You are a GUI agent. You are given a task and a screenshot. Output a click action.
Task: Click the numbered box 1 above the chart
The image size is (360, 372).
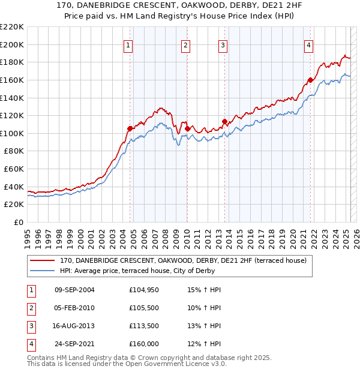[x=129, y=46]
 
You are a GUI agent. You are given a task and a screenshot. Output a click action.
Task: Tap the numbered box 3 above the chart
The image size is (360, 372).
[x=223, y=46]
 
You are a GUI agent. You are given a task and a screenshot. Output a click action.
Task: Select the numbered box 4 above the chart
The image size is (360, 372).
[x=308, y=46]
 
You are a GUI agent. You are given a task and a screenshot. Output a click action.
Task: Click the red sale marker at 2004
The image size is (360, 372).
[x=130, y=128]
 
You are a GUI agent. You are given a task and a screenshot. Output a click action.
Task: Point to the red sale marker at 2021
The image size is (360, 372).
[x=310, y=80]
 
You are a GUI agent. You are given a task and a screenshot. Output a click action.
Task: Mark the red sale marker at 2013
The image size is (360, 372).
[x=224, y=121]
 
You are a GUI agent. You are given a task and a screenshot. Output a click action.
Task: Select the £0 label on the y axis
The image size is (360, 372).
[x=19, y=222]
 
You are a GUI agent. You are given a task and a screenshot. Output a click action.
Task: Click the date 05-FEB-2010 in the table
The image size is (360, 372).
[x=74, y=308]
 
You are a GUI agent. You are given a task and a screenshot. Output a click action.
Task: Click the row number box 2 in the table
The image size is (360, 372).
[x=30, y=308]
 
